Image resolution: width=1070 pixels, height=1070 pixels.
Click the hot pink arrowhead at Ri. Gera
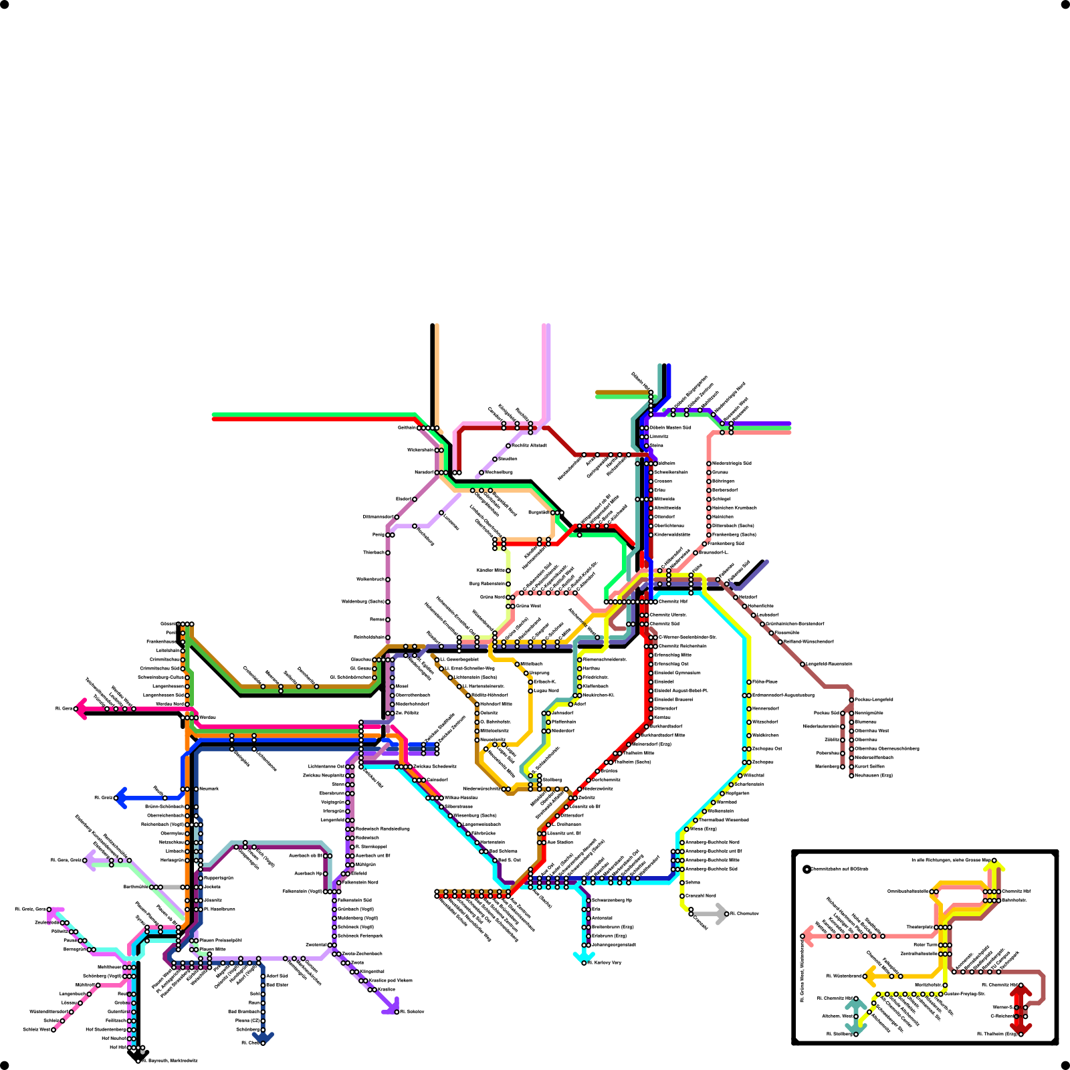tap(80, 708)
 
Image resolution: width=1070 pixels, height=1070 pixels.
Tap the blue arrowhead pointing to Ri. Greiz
tap(120, 798)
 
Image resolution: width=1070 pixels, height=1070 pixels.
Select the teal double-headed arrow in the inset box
tap(855, 1016)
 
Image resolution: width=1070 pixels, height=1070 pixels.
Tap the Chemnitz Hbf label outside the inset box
tap(673, 602)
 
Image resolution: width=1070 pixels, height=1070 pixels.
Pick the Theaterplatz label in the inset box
tap(920, 928)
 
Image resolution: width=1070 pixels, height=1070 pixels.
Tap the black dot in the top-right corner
tap(1065, 5)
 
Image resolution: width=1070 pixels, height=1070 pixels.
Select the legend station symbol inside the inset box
tap(807, 869)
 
